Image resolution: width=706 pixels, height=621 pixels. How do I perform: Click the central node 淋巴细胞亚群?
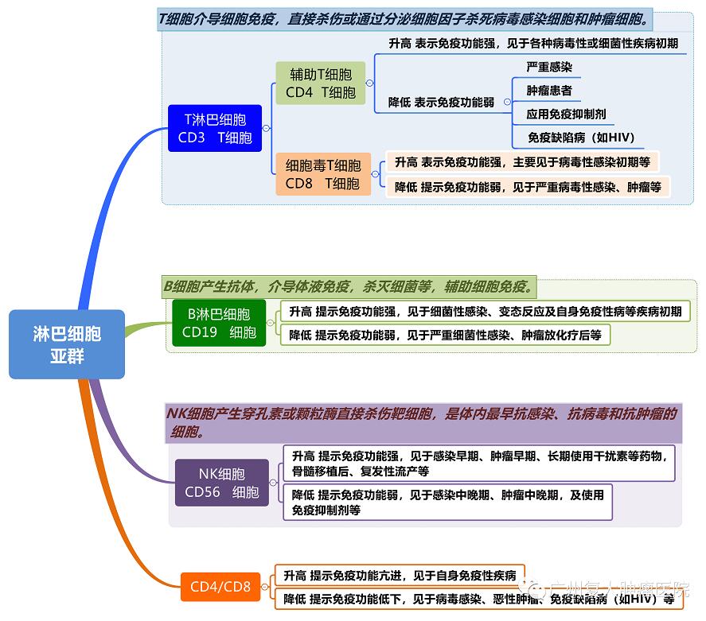tap(67, 344)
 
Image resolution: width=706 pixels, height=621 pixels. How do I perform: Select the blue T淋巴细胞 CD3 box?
tap(215, 129)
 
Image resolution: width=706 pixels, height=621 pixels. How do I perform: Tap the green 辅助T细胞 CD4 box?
tap(320, 83)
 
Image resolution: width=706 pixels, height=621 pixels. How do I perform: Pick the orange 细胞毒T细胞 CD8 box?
tap(322, 174)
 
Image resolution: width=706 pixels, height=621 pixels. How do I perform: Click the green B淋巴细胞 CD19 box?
tap(219, 323)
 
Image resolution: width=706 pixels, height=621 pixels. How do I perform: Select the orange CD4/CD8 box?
tap(220, 588)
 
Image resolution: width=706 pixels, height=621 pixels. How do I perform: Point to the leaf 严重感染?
tap(549, 68)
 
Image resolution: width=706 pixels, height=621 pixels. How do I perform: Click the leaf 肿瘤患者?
tap(549, 91)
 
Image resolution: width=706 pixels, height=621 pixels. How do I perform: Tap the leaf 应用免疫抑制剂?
tap(566, 114)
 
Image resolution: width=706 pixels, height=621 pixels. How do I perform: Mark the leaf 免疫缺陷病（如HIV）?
tap(581, 138)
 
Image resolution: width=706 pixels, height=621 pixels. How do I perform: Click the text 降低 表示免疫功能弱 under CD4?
tap(441, 103)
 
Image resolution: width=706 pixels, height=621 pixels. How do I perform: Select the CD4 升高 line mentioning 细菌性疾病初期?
tap(532, 44)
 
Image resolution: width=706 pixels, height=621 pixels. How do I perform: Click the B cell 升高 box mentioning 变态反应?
tap(485, 312)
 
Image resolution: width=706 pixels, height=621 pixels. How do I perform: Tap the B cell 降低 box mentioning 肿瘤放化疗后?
tap(445, 335)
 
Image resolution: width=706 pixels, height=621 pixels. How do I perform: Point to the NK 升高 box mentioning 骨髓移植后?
tap(478, 464)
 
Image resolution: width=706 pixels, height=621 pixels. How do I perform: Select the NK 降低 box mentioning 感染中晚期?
tap(447, 502)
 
